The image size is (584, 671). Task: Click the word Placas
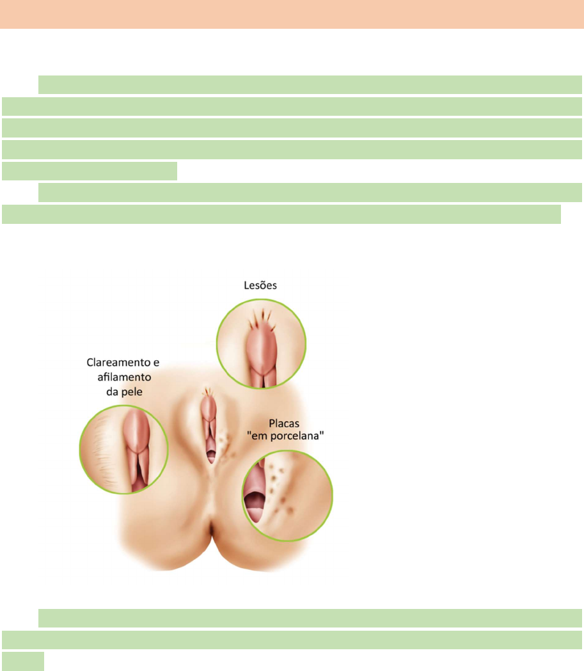coord(283,423)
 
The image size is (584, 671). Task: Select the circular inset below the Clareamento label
coord(123,448)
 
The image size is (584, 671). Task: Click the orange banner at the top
coord(292,14)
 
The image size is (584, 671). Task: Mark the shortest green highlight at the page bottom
coord(22,661)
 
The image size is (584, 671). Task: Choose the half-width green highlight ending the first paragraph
coord(90,171)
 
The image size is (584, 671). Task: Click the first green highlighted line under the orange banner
coord(310,84)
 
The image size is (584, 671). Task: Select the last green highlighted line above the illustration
coord(281,214)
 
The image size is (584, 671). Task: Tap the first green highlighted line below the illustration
coord(310,618)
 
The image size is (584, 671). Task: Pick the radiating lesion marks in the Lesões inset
coord(262,317)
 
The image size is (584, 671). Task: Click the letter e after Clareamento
coord(155,363)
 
